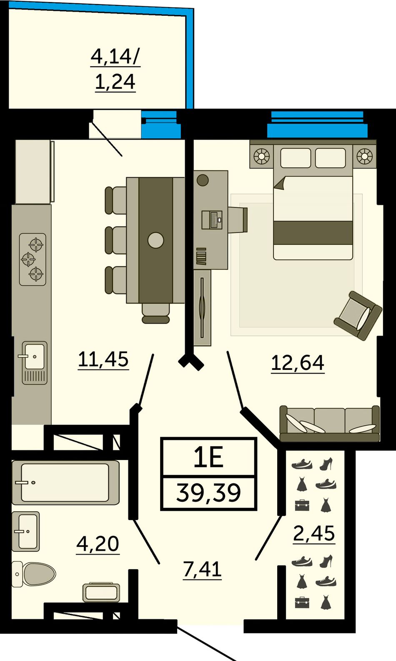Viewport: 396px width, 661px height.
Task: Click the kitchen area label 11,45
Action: [103, 359]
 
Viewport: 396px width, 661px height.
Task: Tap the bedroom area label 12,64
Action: [298, 363]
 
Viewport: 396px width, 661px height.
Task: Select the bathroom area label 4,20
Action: [98, 543]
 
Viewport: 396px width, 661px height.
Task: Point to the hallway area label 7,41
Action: [202, 569]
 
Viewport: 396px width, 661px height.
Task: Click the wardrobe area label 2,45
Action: [314, 533]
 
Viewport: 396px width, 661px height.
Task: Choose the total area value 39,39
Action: [209, 493]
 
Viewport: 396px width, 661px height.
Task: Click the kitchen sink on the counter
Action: [35, 363]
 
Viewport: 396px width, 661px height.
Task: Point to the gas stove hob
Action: [33, 259]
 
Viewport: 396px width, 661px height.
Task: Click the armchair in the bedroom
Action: [358, 315]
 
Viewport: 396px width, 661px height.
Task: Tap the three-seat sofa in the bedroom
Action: [329, 423]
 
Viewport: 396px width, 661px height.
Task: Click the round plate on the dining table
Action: [155, 240]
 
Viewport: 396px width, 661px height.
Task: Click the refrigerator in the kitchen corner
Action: [35, 171]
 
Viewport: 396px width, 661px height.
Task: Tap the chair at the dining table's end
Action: [155, 313]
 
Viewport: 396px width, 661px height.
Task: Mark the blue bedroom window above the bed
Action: [317, 125]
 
